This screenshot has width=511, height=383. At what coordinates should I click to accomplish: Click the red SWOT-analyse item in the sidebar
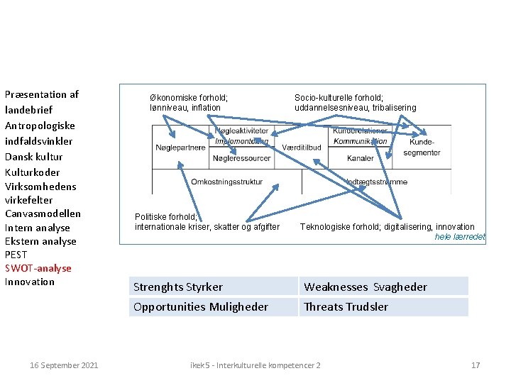pos(38,268)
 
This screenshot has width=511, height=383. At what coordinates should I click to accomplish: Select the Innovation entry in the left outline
pos(30,282)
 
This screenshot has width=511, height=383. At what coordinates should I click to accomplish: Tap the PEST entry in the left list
pos(16,255)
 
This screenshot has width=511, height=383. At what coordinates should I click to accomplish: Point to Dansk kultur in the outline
pos(33,157)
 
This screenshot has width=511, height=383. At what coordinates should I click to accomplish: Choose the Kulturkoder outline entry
pos(33,172)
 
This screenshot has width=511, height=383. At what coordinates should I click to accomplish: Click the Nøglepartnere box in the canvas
pos(180,148)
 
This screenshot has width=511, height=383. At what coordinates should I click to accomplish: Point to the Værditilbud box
pos(302,148)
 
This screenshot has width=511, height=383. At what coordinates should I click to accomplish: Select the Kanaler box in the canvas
pos(361,158)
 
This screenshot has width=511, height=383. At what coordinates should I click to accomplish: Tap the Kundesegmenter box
pos(422,148)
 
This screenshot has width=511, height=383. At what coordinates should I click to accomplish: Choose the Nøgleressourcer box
pos(241,158)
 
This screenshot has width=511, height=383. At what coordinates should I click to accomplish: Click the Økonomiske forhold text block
pos(188,102)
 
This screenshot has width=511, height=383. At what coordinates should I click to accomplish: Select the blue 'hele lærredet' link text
pos(460,237)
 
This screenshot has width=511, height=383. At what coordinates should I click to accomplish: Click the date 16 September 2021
pos(64,365)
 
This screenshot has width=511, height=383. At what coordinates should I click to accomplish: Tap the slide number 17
pos(476,365)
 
